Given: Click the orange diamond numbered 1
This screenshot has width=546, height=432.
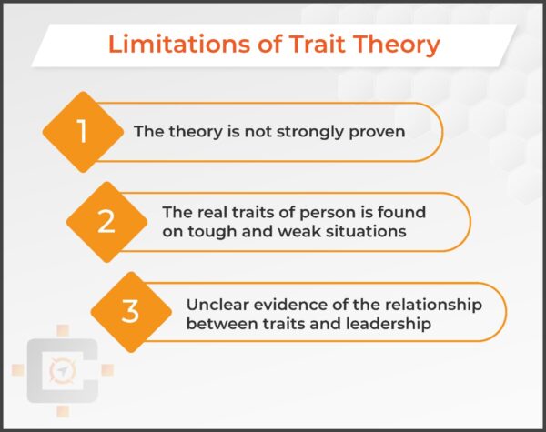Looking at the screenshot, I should [82, 132].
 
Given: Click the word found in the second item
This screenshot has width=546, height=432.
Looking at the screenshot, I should [407, 213].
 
